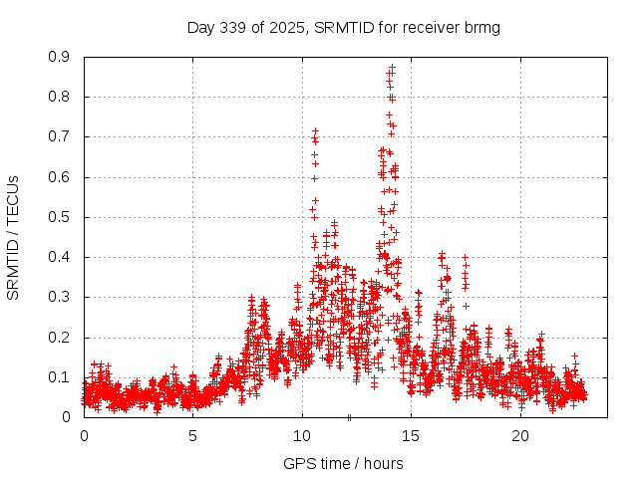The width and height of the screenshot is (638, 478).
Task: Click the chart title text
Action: (343, 27)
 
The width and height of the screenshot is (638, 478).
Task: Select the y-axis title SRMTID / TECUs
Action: (13, 237)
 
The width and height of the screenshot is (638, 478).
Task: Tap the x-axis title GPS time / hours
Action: (343, 463)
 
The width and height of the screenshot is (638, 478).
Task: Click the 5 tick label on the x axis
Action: (193, 435)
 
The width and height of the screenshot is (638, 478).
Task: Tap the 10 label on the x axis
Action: (302, 435)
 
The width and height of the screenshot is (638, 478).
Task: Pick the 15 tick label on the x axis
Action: (412, 435)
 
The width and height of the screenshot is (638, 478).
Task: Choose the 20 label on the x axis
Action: (520, 435)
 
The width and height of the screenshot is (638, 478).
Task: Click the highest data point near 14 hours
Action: (392, 68)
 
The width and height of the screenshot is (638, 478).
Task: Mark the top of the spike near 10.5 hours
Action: (315, 131)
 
